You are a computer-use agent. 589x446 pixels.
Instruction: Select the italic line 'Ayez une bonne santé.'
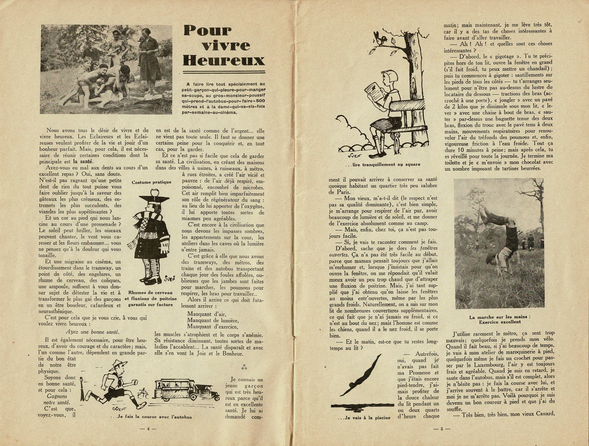click(x=92, y=332)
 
